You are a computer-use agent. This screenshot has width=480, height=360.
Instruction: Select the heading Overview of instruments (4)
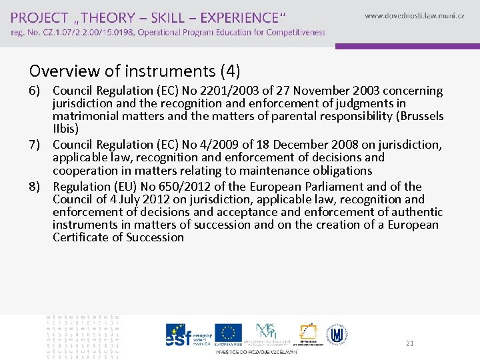tap(135, 70)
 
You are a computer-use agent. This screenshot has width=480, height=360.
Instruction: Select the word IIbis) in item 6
tap(65, 129)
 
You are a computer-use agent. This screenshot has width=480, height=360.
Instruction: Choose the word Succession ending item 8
tap(154, 237)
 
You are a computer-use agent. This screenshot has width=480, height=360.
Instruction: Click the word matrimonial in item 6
tap(84, 116)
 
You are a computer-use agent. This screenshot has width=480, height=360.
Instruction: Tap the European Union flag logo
tap(229, 333)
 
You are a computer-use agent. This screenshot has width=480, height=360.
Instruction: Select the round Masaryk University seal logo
tap(337, 333)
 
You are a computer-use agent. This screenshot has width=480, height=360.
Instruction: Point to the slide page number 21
tap(409, 343)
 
